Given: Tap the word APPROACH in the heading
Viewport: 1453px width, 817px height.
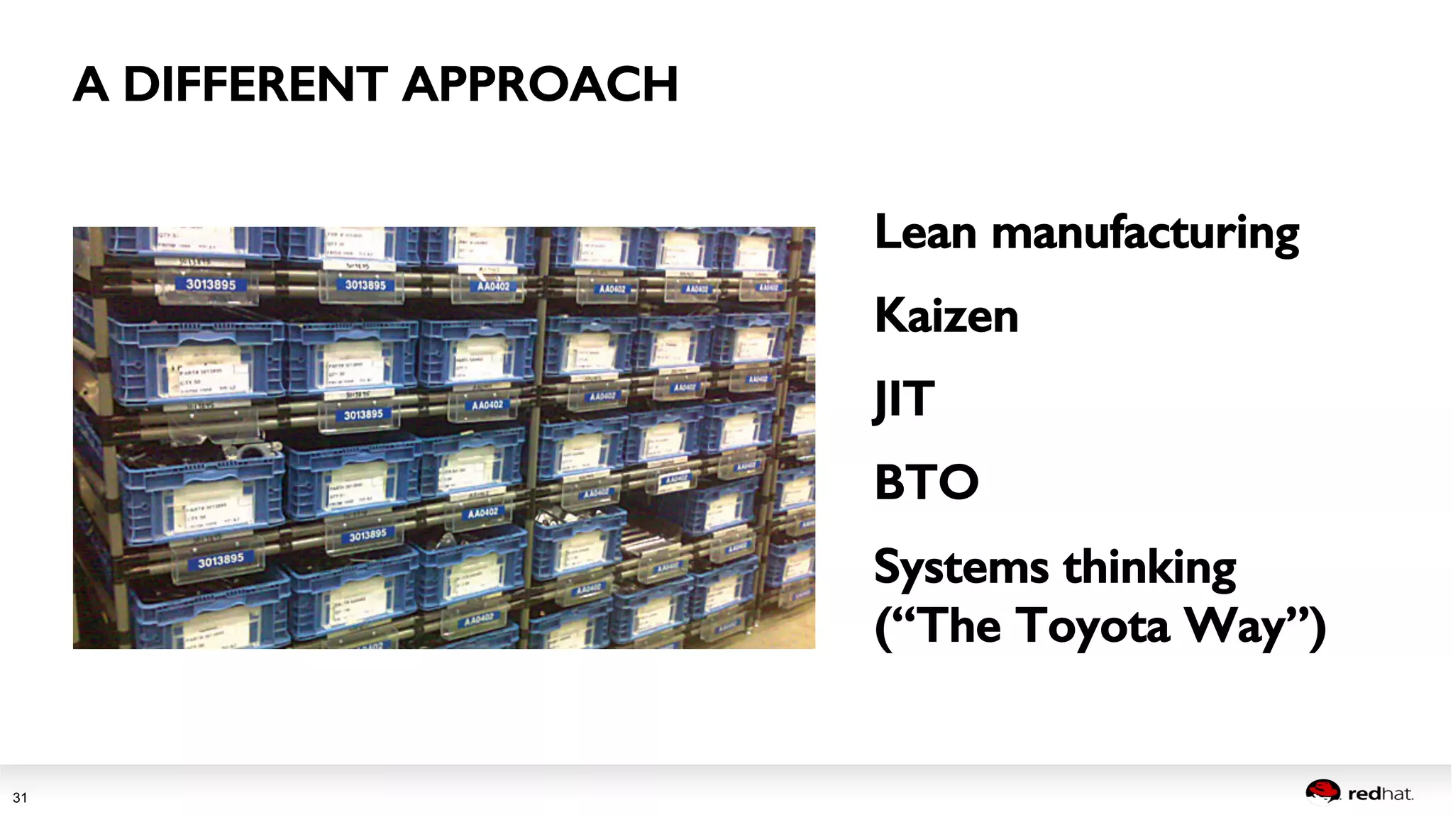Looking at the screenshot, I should pyautogui.click(x=540, y=84).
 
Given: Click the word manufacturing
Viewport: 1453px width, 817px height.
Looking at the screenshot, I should pyautogui.click(x=1145, y=234).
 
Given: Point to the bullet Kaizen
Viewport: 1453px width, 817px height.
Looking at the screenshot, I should pyautogui.click(x=946, y=316).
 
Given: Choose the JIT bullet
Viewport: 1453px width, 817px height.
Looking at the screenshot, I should pyautogui.click(x=904, y=399).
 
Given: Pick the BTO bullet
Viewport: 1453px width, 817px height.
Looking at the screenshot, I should pyautogui.click(x=927, y=482).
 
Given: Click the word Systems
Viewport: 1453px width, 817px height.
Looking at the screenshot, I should pyautogui.click(x=961, y=567).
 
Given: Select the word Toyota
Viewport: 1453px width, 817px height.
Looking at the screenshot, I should pyautogui.click(x=1095, y=627).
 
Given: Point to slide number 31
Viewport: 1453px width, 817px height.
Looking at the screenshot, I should pyautogui.click(x=20, y=798).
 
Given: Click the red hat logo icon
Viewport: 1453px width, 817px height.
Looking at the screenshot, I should pyautogui.click(x=1322, y=792).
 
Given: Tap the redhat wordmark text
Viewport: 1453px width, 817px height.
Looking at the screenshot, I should pyautogui.click(x=1380, y=794).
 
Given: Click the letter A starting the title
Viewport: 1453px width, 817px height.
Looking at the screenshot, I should pyautogui.click(x=91, y=84).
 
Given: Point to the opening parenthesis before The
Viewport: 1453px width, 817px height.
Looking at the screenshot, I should pyautogui.click(x=882, y=627).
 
